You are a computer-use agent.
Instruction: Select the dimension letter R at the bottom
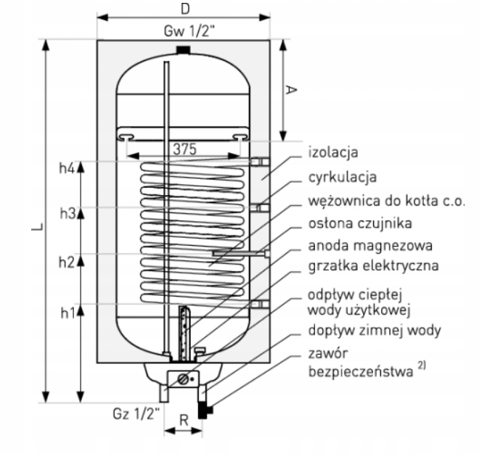pyautogui.click(x=184, y=419)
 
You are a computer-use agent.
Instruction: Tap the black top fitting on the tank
pyautogui.click(x=184, y=50)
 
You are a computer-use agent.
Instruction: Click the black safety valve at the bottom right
pyautogui.click(x=208, y=411)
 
